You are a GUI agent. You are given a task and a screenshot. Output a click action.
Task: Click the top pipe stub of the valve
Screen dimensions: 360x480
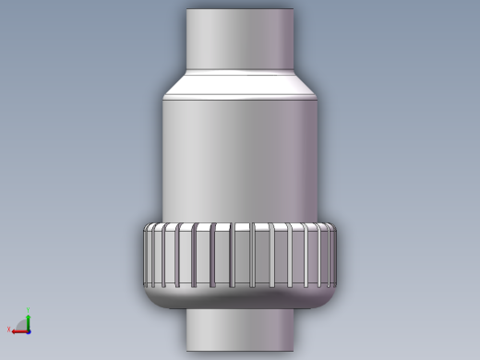(240, 37)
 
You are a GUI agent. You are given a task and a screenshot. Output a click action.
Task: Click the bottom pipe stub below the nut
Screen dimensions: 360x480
(240, 330)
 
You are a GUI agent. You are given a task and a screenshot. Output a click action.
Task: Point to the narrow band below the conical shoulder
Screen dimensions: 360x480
(240, 97)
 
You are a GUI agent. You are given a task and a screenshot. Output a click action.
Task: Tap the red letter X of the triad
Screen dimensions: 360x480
(9, 330)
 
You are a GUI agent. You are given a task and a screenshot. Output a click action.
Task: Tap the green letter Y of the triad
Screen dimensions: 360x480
(29, 310)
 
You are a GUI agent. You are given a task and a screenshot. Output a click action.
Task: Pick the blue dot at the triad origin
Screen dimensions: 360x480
(29, 330)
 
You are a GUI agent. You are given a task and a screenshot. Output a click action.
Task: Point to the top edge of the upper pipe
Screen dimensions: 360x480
(240, 10)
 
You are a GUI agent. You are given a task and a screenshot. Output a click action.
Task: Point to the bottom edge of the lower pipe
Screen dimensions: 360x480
(240, 351)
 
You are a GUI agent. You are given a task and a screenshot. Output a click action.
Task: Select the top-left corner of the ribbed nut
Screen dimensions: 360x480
(146, 227)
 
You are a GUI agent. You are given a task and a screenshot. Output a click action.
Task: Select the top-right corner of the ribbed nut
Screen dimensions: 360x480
(335, 227)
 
